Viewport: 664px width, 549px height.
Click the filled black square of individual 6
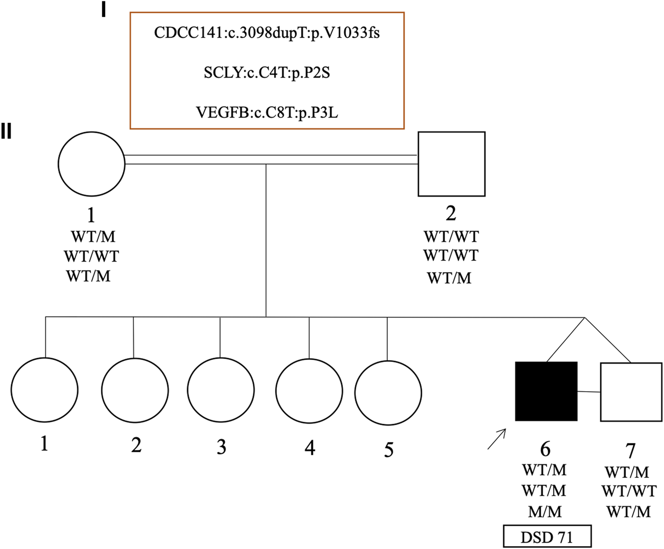(x=546, y=391)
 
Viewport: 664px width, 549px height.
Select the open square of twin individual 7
(x=631, y=392)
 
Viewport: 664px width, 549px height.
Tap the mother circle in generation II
(x=91, y=163)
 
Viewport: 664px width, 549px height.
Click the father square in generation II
(x=452, y=164)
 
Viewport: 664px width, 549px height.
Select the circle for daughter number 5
(x=388, y=393)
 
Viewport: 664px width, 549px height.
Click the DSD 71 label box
(x=547, y=537)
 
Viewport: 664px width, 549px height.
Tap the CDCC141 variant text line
(x=267, y=33)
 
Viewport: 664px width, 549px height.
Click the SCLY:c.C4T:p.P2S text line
(x=267, y=73)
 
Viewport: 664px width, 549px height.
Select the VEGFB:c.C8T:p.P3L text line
(x=267, y=113)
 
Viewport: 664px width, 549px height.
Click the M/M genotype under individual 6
(x=544, y=512)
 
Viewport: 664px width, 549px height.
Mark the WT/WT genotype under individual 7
(x=629, y=491)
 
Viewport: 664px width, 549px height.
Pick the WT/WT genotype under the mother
(x=91, y=256)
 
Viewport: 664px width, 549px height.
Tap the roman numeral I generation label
(x=104, y=11)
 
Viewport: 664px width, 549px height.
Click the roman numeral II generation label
(x=6, y=132)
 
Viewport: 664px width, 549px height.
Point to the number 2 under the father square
(x=450, y=213)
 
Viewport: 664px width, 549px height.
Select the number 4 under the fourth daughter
(x=310, y=447)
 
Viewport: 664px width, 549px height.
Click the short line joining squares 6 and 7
(x=589, y=392)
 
